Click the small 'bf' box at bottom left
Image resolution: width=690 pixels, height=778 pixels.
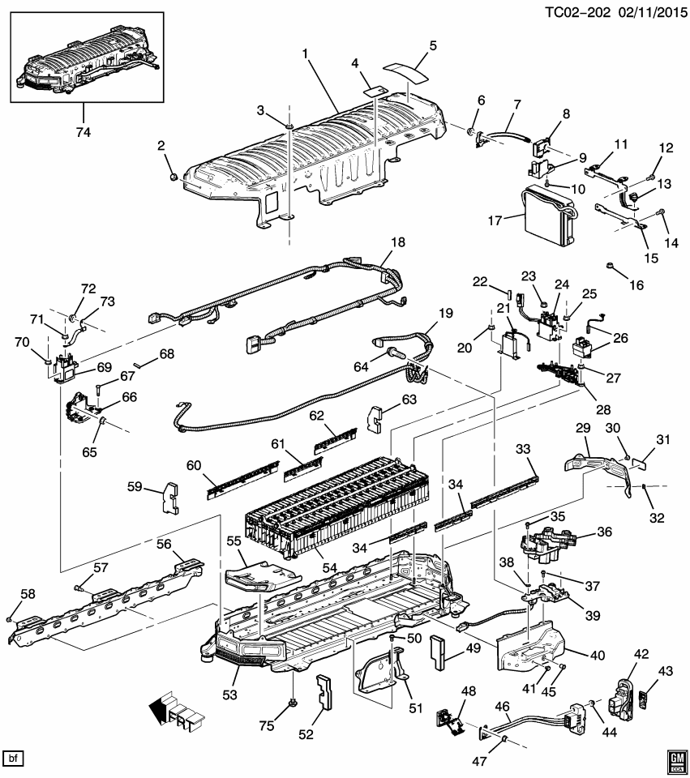click(x=14, y=759)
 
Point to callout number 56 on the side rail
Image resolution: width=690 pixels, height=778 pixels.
click(x=164, y=545)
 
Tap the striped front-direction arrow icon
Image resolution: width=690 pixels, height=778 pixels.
click(x=171, y=711)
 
